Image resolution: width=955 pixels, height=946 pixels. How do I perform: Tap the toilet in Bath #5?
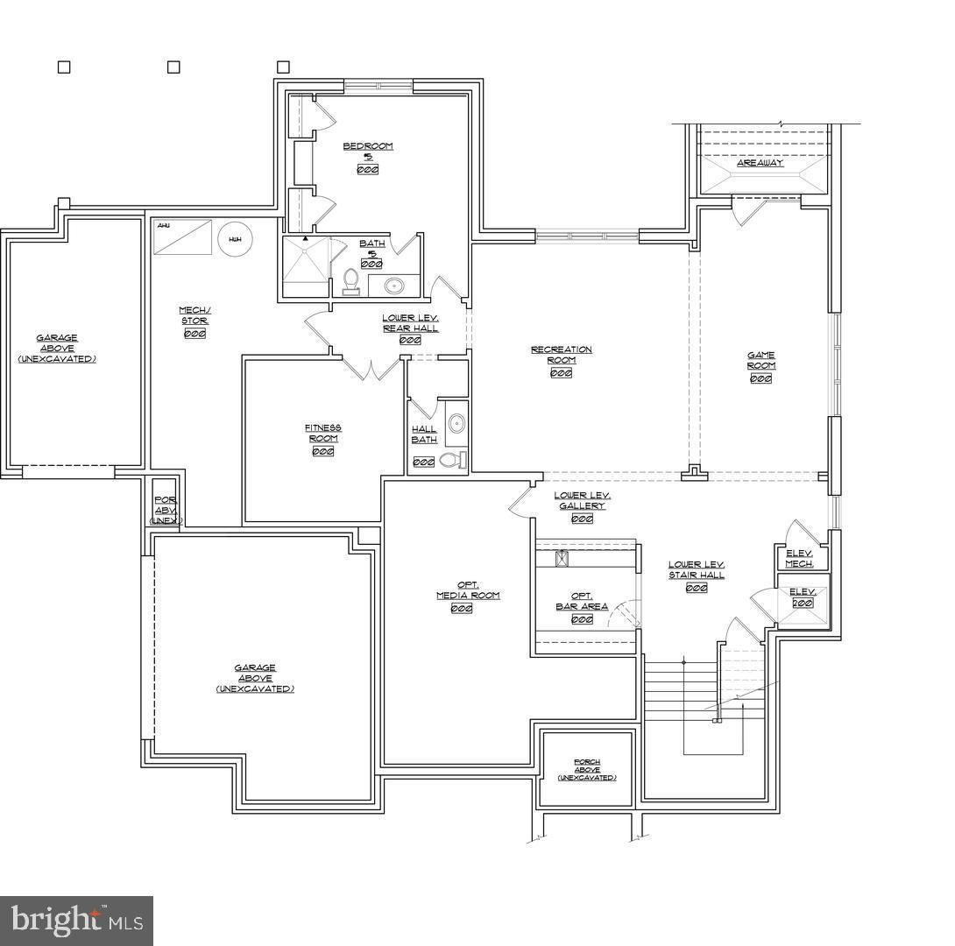click(x=351, y=281)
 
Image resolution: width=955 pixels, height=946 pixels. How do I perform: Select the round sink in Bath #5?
click(x=393, y=285)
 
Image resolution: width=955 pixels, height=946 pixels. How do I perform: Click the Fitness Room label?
click(x=323, y=433)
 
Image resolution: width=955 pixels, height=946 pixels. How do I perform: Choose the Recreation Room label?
click(x=562, y=355)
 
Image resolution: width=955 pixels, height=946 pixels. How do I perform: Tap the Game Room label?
click(x=760, y=360)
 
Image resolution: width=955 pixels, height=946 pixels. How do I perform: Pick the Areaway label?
click(x=760, y=163)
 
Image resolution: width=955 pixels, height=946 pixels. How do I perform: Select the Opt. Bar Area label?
click(x=582, y=601)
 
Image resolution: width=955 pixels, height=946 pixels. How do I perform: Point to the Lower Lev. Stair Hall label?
click(x=697, y=570)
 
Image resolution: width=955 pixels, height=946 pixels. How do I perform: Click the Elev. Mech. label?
click(x=799, y=558)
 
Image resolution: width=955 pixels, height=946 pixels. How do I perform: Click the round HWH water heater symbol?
click(x=235, y=239)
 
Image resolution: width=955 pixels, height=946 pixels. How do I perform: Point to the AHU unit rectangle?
click(x=183, y=237)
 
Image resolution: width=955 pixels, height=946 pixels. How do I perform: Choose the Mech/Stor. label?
click(x=195, y=315)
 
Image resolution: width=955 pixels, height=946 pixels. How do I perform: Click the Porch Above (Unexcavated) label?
click(x=587, y=770)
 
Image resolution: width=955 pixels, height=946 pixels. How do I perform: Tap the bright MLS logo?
click(x=76, y=921)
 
